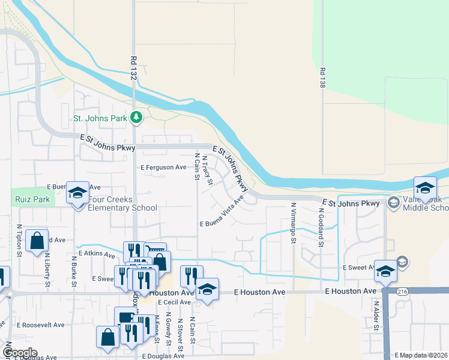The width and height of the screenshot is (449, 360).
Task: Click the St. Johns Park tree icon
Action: (x=136, y=118)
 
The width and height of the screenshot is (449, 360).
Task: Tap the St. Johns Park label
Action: (x=100, y=118)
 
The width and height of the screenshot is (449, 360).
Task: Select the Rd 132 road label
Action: (x=133, y=70)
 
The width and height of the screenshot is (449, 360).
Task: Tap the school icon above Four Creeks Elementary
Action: (x=77, y=193)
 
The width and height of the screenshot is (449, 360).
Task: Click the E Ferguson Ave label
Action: (x=163, y=167)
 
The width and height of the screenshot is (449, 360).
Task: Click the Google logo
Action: (x=20, y=353)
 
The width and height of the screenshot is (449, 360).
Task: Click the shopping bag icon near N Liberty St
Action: (x=37, y=240)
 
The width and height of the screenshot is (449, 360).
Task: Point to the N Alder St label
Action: (x=376, y=316)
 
